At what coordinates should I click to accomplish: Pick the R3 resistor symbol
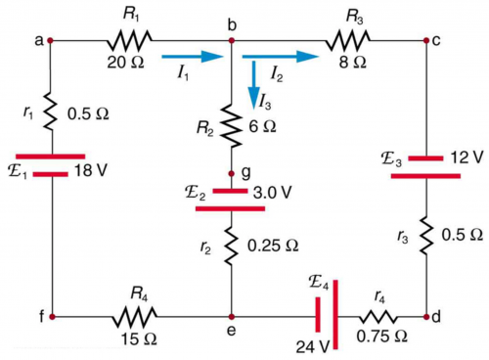(350, 41)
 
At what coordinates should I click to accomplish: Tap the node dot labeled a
(51, 41)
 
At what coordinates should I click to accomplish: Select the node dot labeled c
(427, 41)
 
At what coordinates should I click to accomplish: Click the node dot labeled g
(232, 171)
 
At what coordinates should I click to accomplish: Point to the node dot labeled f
(51, 317)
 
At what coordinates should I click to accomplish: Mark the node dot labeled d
(427, 317)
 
